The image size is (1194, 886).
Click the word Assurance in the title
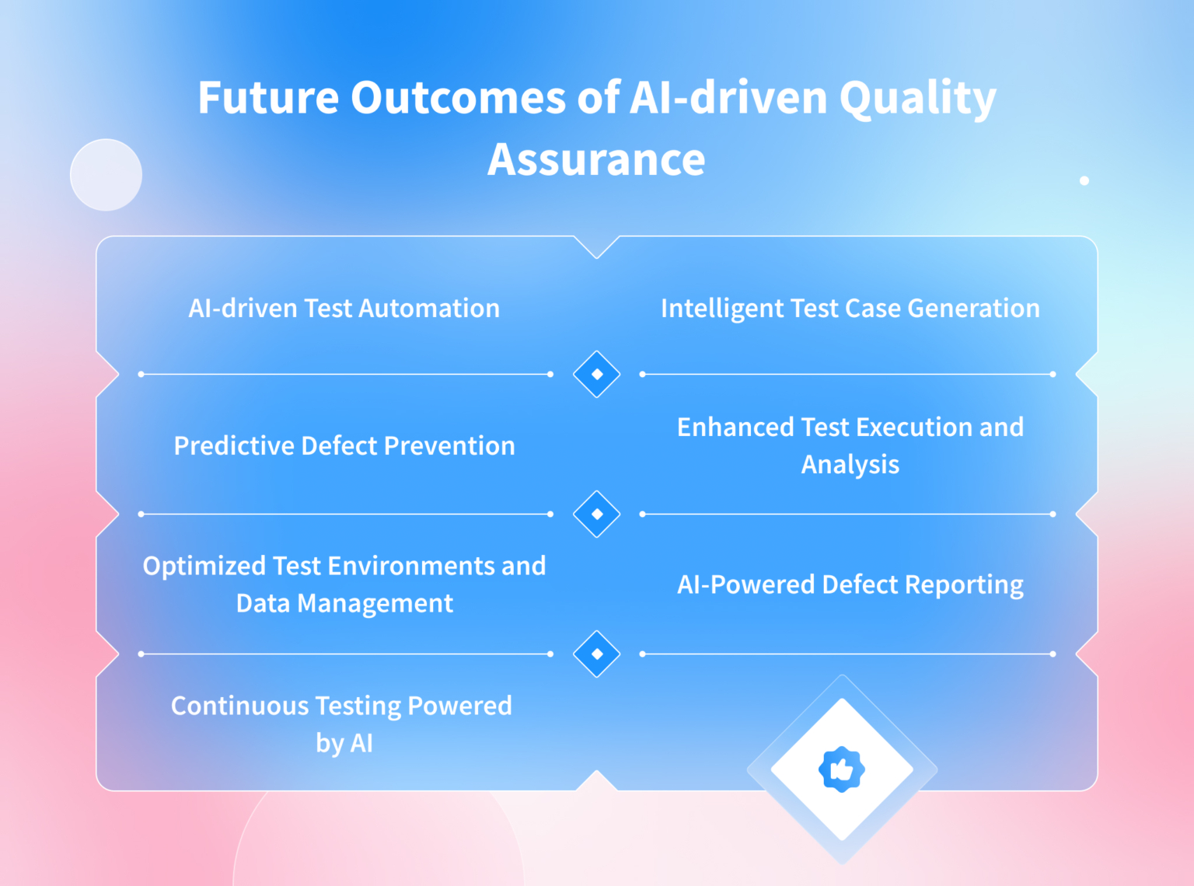pyautogui.click(x=596, y=159)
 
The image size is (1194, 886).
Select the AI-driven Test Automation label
pyautogui.click(x=344, y=309)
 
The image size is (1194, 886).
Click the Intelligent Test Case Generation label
pyautogui.click(x=850, y=309)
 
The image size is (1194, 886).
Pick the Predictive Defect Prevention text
pyautogui.click(x=344, y=446)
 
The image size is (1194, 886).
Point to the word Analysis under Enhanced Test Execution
pyautogui.click(x=850, y=465)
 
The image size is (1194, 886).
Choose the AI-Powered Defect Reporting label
pyautogui.click(x=850, y=584)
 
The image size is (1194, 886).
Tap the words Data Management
pyautogui.click(x=344, y=604)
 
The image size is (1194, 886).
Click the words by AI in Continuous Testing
pyautogui.click(x=344, y=744)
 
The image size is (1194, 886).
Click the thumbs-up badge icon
pyautogui.click(x=841, y=769)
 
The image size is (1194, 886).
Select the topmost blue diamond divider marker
pyautogui.click(x=596, y=374)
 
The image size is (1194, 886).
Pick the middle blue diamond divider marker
pyautogui.click(x=596, y=514)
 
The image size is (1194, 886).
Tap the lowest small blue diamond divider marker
pyautogui.click(x=596, y=654)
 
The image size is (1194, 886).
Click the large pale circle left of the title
pyautogui.click(x=106, y=175)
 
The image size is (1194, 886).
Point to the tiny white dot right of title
pyautogui.click(x=1084, y=180)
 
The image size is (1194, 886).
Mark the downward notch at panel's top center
pyautogui.click(x=596, y=247)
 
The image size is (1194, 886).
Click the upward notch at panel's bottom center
pyautogui.click(x=596, y=780)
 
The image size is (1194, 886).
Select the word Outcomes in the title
pyautogui.click(x=458, y=99)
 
